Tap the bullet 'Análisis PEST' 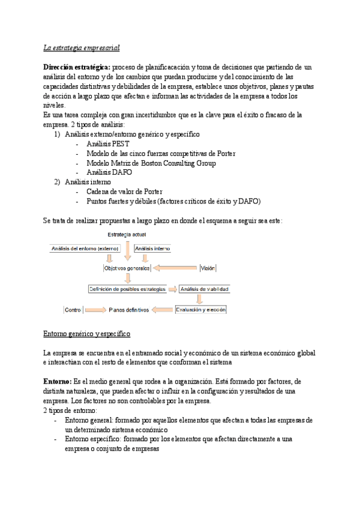click(x=107, y=144)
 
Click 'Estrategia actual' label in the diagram click(x=126, y=233)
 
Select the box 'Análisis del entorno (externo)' click(x=85, y=248)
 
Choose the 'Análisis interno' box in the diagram click(x=153, y=248)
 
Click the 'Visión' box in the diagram click(x=208, y=268)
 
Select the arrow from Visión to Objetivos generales click(x=176, y=268)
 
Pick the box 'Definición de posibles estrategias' click(x=127, y=289)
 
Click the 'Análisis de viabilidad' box click(x=205, y=289)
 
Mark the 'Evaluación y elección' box click(x=200, y=310)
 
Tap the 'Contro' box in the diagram click(x=73, y=310)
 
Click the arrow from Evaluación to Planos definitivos click(x=163, y=310)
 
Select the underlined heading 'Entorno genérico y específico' click(x=87, y=333)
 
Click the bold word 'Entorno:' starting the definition click(x=58, y=381)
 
